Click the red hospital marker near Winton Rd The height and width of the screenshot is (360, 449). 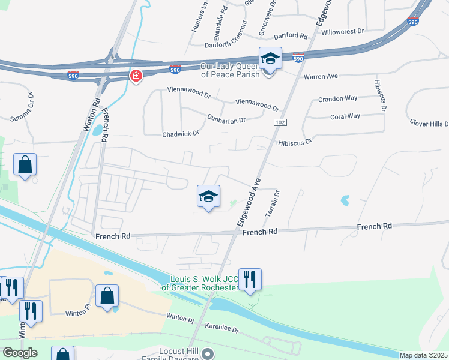click(137, 76)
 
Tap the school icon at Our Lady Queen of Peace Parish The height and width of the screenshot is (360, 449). click(270, 58)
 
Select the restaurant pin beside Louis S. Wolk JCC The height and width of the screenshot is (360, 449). click(250, 279)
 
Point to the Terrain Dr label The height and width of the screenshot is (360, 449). click(277, 203)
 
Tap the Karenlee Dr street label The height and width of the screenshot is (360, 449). click(222, 330)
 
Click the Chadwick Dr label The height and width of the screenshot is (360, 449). click(181, 134)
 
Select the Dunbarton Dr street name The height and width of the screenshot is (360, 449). click(226, 119)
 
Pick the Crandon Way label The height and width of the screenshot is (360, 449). click(337, 99)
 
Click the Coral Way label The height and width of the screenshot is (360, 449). click(345, 116)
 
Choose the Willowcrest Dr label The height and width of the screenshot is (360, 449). click(343, 31)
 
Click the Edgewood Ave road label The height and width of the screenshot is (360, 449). click(248, 201)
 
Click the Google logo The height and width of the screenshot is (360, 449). click(20, 353)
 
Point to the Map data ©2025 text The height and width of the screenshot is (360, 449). click(424, 355)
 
